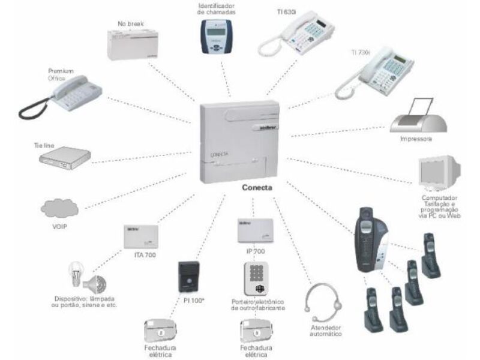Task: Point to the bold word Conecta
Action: pyautogui.click(x=257, y=187)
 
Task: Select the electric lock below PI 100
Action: pyautogui.click(x=159, y=330)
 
